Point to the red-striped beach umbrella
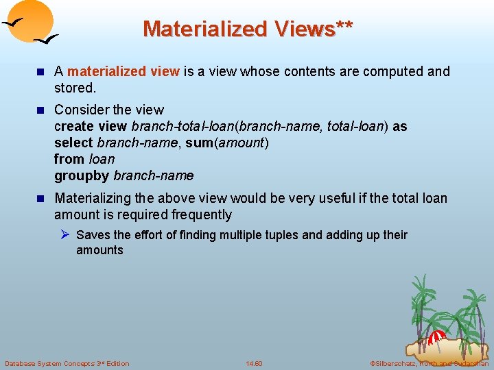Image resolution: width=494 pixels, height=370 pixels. click(x=437, y=336)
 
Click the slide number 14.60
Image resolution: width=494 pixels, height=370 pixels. click(x=254, y=363)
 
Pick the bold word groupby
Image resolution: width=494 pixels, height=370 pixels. click(x=82, y=175)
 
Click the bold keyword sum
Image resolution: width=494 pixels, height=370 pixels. click(x=198, y=143)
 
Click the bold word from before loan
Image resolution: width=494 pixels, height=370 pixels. click(x=69, y=159)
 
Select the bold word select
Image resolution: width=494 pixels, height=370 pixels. click(x=74, y=143)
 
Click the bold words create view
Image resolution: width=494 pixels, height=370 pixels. click(x=91, y=126)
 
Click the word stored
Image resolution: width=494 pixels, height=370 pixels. click(x=74, y=88)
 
